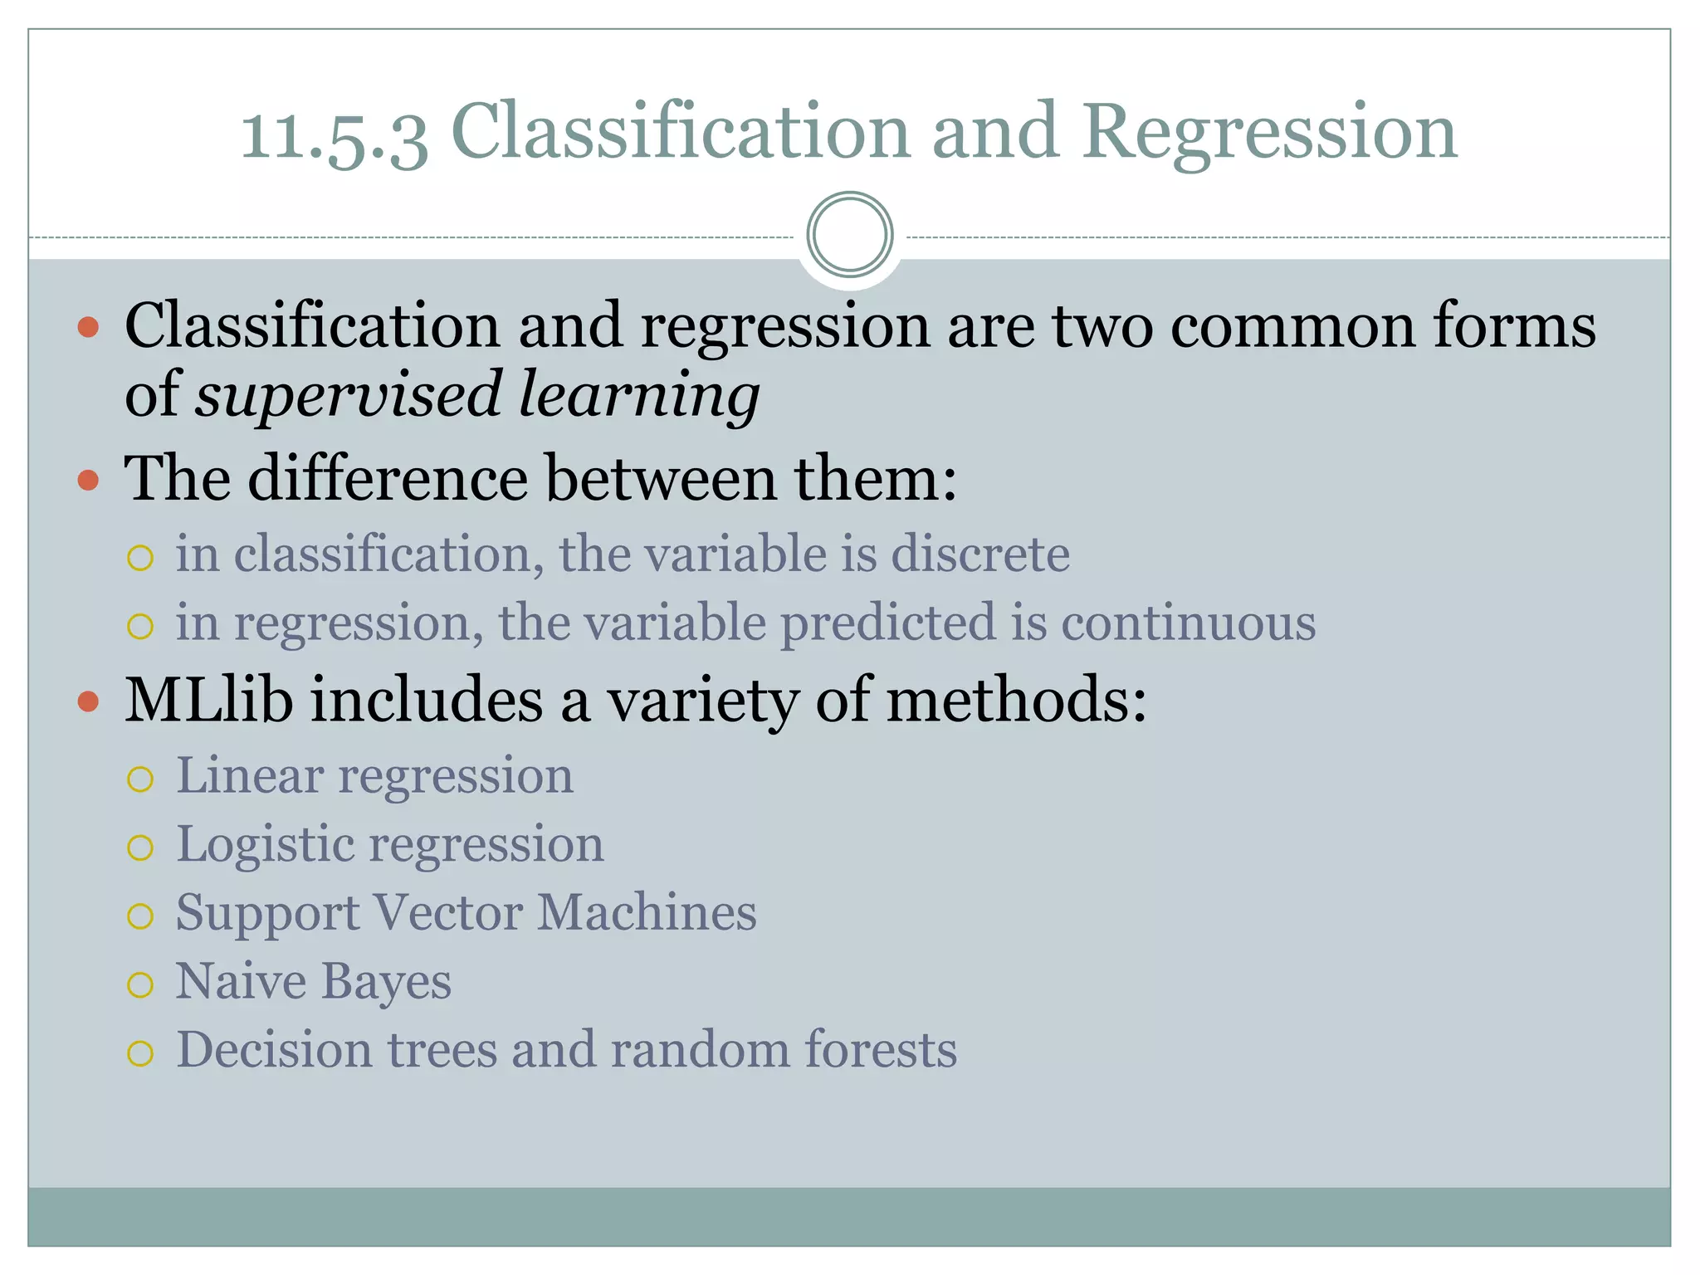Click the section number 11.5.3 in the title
[334, 133]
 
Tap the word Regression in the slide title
[1269, 133]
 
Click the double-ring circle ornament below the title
[849, 235]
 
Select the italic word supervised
[348, 394]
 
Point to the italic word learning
[638, 394]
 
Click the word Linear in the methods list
[249, 776]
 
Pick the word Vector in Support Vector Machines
[447, 912]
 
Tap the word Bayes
[386, 981]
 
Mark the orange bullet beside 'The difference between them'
[88, 480]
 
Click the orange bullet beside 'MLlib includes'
[88, 701]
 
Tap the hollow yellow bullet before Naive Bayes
[140, 985]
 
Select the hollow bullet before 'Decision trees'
[140, 1053]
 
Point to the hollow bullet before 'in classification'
[140, 558]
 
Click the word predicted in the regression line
[887, 623]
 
